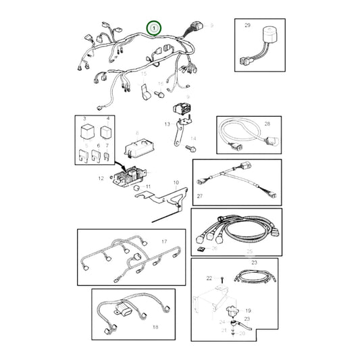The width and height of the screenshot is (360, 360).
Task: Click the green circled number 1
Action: pyautogui.click(x=155, y=28)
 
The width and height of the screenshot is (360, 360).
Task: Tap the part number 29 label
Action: pyautogui.click(x=247, y=26)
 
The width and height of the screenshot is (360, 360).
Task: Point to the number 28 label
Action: pyautogui.click(x=267, y=124)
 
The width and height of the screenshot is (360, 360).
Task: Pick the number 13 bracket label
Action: pyautogui.click(x=167, y=124)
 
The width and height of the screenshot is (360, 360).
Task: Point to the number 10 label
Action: pyautogui.click(x=176, y=182)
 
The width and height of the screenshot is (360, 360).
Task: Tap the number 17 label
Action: pyautogui.click(x=163, y=241)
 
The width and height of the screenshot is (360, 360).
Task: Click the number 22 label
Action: pyautogui.click(x=209, y=278)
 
